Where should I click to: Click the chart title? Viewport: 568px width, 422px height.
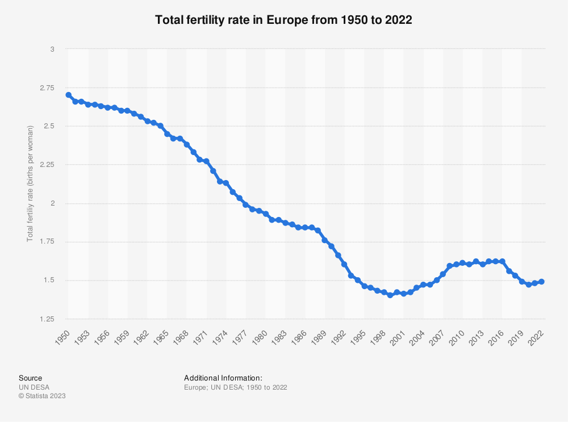[x=283, y=19]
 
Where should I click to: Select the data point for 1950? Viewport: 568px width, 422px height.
[x=69, y=95]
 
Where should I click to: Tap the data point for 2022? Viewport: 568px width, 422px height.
[x=541, y=282]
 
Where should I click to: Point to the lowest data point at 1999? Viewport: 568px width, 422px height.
[x=390, y=295]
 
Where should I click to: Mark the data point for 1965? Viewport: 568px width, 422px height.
[x=167, y=133]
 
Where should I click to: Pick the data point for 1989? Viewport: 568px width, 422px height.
[x=324, y=240]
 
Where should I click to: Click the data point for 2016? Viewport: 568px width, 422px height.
[x=502, y=261]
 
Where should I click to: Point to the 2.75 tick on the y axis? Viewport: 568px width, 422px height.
[x=47, y=87]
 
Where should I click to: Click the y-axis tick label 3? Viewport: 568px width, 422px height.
[x=52, y=49]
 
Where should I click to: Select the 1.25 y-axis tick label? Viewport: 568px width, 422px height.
[x=47, y=319]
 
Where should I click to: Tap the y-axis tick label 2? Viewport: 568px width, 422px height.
[x=52, y=203]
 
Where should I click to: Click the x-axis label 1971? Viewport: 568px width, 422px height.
[x=201, y=337]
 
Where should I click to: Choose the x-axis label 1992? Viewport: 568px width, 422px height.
[x=339, y=337]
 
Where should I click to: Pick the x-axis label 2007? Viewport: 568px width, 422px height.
[x=437, y=337]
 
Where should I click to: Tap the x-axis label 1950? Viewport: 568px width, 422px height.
[x=62, y=337]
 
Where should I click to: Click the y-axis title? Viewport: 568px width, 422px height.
[x=30, y=183]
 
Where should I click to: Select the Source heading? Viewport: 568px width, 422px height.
[x=31, y=378]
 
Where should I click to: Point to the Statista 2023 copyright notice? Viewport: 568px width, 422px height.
[x=43, y=396]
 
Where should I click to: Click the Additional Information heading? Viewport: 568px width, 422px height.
[x=223, y=378]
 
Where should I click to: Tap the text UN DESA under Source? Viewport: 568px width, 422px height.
[x=34, y=387]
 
